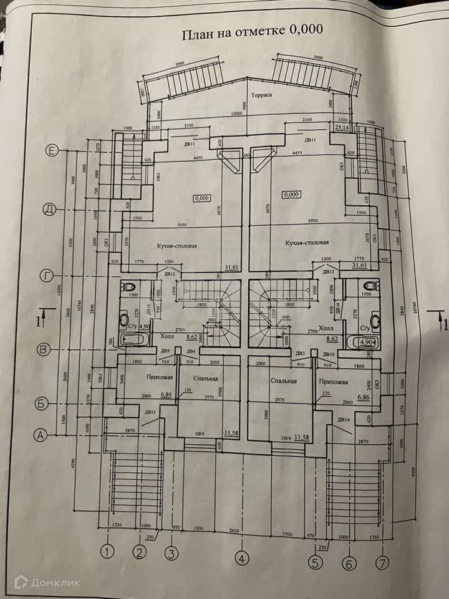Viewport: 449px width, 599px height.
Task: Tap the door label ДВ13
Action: (150, 413)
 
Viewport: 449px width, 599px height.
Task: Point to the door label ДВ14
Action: (344, 419)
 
